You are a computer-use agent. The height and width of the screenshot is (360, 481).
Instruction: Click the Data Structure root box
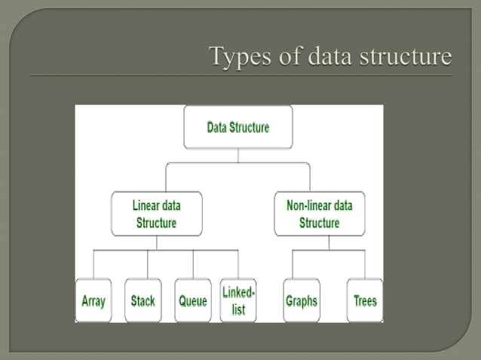237,127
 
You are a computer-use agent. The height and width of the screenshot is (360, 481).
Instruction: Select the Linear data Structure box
156,214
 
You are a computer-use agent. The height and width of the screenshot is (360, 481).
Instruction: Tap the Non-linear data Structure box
319,214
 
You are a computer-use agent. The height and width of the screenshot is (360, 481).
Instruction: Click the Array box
93,301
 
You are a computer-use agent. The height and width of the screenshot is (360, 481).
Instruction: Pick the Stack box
142,301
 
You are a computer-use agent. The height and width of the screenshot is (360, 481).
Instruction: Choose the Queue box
192,301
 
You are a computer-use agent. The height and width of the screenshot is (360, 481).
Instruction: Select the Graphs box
301,301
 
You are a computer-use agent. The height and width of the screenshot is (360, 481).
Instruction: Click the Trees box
365,301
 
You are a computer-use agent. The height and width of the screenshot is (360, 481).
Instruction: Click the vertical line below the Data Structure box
237,155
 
